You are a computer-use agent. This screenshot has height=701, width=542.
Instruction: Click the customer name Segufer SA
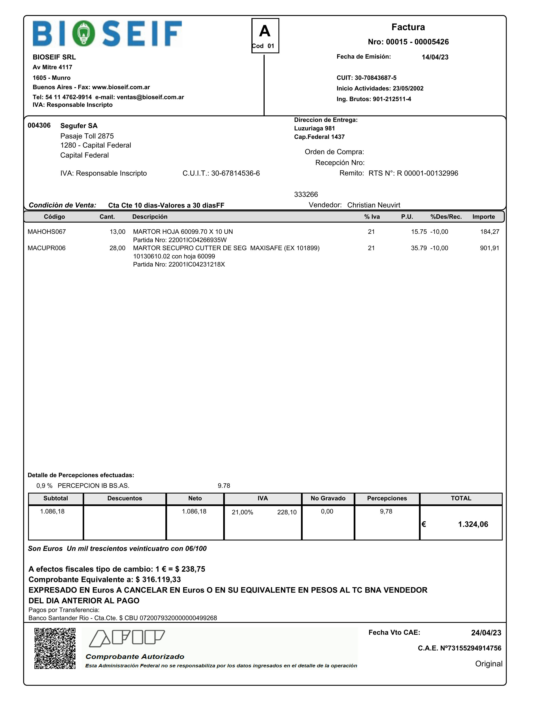point(79,126)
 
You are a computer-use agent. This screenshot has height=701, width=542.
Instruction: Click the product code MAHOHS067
point(47,232)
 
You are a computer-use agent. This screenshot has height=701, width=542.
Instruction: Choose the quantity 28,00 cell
point(117,248)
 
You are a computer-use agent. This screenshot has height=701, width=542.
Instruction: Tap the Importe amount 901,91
point(489,248)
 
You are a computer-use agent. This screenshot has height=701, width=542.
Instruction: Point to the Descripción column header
point(150,217)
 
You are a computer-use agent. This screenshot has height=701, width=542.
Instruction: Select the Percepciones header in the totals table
point(387,498)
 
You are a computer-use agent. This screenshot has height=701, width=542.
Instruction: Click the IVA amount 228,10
point(287,512)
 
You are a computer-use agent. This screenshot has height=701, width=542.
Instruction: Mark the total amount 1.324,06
point(473,525)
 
